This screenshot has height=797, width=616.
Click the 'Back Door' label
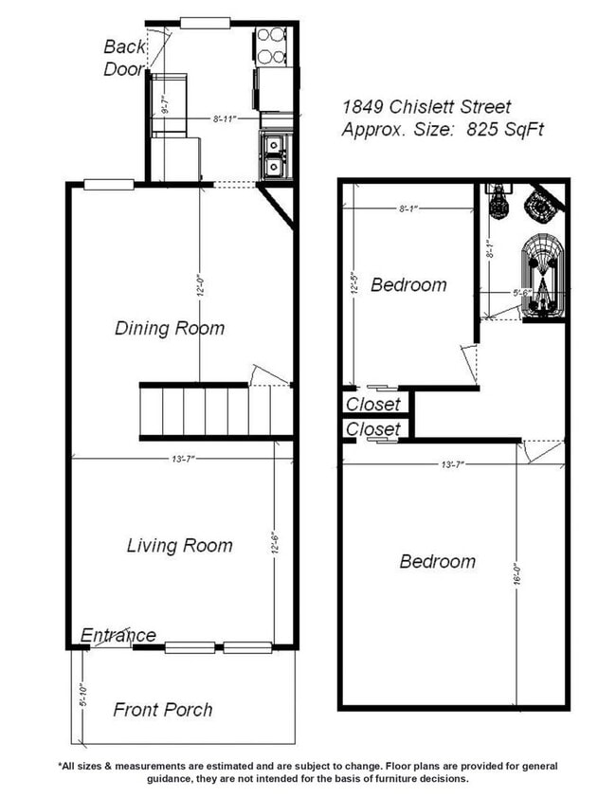[x=123, y=57]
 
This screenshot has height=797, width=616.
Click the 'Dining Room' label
[x=170, y=329]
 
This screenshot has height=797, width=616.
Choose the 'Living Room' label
[x=180, y=546]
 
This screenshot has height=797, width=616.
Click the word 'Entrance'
[x=118, y=635]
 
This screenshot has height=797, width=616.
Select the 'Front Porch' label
[x=163, y=710]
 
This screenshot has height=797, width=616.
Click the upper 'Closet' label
[x=372, y=405]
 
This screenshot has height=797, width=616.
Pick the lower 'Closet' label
[x=372, y=429]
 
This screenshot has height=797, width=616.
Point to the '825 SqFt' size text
[x=505, y=131]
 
